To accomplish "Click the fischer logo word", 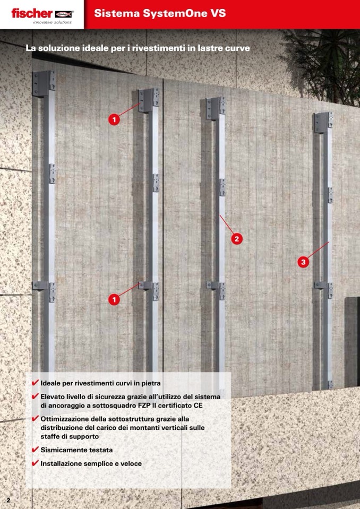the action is pyautogui.click(x=32, y=13).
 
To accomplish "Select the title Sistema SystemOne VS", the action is pyautogui.click(x=160, y=13).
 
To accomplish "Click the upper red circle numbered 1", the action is pyautogui.click(x=114, y=119).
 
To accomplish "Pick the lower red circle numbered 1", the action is pyautogui.click(x=114, y=299).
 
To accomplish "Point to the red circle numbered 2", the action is pyautogui.click(x=237, y=239).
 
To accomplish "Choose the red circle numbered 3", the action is pyautogui.click(x=303, y=262).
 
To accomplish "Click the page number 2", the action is pyautogui.click(x=8, y=500).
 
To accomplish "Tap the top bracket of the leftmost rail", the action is pyautogui.click(x=44, y=83).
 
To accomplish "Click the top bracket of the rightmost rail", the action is pyautogui.click(x=323, y=123).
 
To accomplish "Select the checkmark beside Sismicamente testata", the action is pyautogui.click(x=36, y=450).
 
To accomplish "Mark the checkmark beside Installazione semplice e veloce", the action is pyautogui.click(x=36, y=463).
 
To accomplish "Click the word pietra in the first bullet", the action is pyautogui.click(x=151, y=383).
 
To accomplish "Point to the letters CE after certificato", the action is pyautogui.click(x=198, y=406).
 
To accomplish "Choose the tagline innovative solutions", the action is pyautogui.click(x=52, y=22).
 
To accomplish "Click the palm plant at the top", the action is pyautogui.click(x=323, y=62).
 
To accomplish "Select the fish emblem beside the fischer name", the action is pyautogui.click(x=63, y=14).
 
